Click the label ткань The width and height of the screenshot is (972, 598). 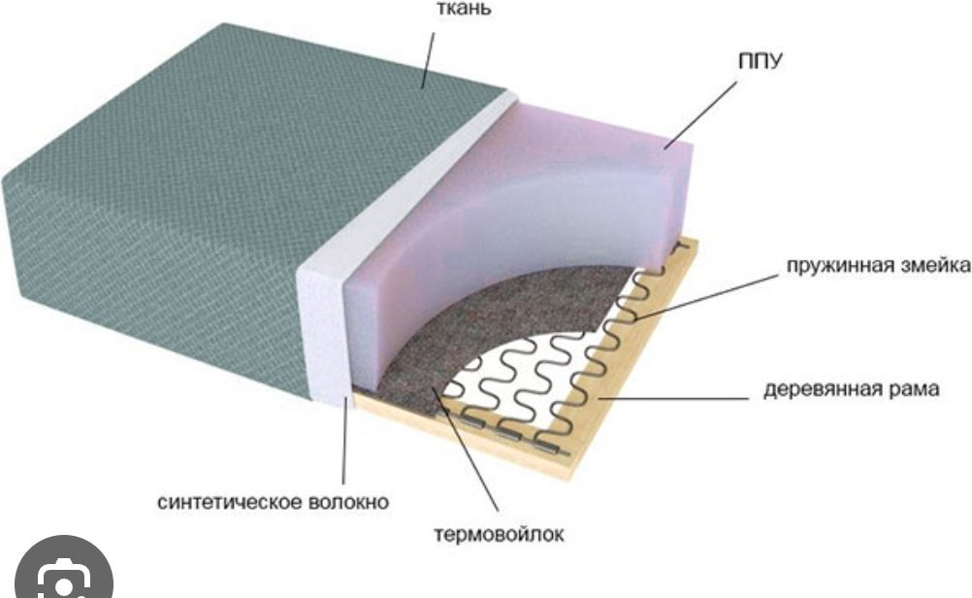(x=464, y=9)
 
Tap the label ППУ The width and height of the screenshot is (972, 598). (x=761, y=61)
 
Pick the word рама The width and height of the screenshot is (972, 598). (x=915, y=390)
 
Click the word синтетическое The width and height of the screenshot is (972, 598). (x=230, y=501)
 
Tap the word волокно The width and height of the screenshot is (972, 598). (x=349, y=501)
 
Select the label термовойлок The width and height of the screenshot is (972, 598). (x=499, y=534)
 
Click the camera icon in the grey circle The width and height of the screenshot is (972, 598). (x=64, y=581)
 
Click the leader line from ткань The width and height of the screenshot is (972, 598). (x=429, y=60)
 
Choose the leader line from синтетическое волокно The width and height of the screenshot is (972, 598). (x=344, y=442)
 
